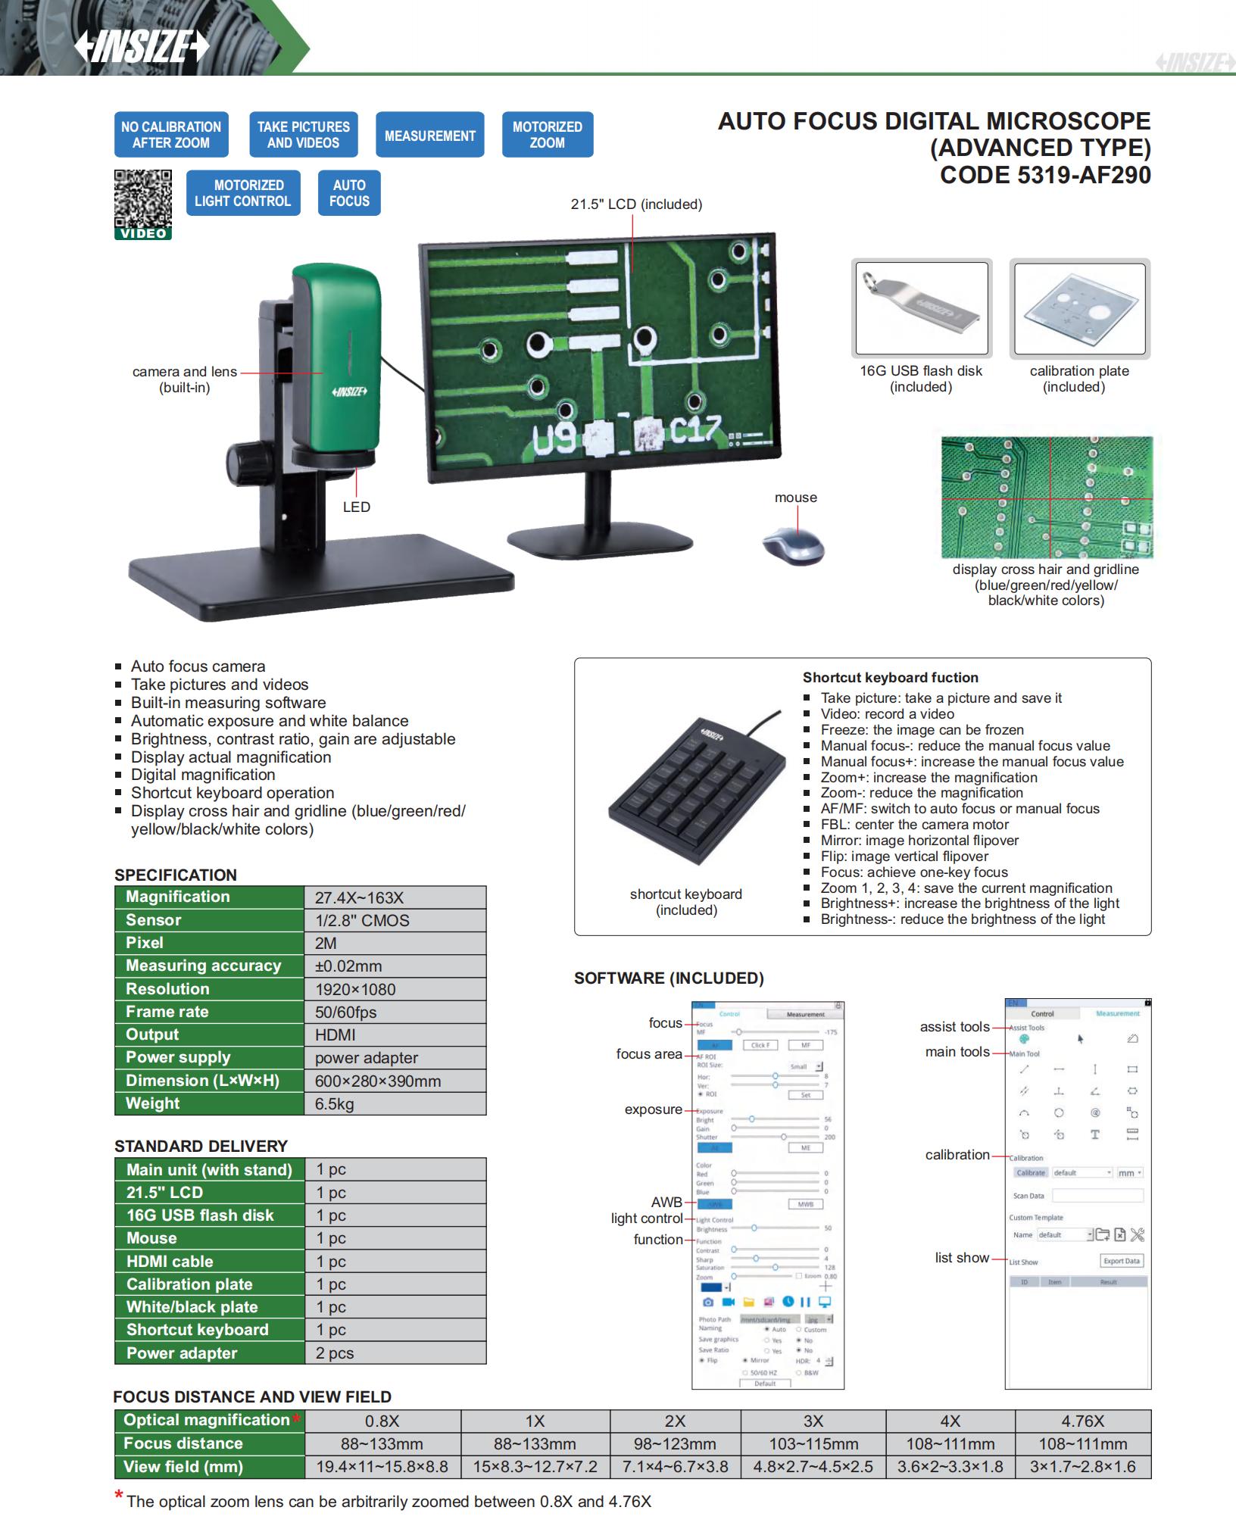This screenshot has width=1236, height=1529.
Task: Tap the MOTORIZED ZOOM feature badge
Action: (x=547, y=135)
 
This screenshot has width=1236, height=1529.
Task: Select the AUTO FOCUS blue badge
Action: (x=349, y=193)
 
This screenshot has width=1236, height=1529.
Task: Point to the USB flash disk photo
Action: (x=921, y=308)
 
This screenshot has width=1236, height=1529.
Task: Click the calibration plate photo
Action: (x=1079, y=308)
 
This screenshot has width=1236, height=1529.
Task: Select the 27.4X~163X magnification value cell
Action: (x=394, y=897)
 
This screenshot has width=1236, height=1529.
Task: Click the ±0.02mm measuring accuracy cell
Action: (x=394, y=966)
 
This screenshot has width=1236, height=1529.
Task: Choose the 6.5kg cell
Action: (x=394, y=1104)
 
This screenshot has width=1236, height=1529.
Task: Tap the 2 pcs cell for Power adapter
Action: (x=395, y=1353)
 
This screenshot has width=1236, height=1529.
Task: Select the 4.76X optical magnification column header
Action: (x=1082, y=1421)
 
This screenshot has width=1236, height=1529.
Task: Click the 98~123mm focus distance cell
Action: (x=675, y=1444)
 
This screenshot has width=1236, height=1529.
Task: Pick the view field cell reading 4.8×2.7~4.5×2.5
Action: (x=813, y=1467)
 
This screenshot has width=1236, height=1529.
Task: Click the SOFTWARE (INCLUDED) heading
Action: (x=669, y=978)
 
